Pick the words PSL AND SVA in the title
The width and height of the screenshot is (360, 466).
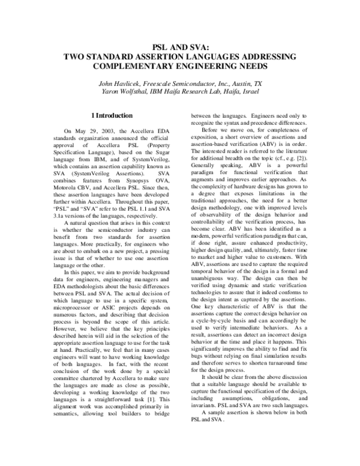181,46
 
